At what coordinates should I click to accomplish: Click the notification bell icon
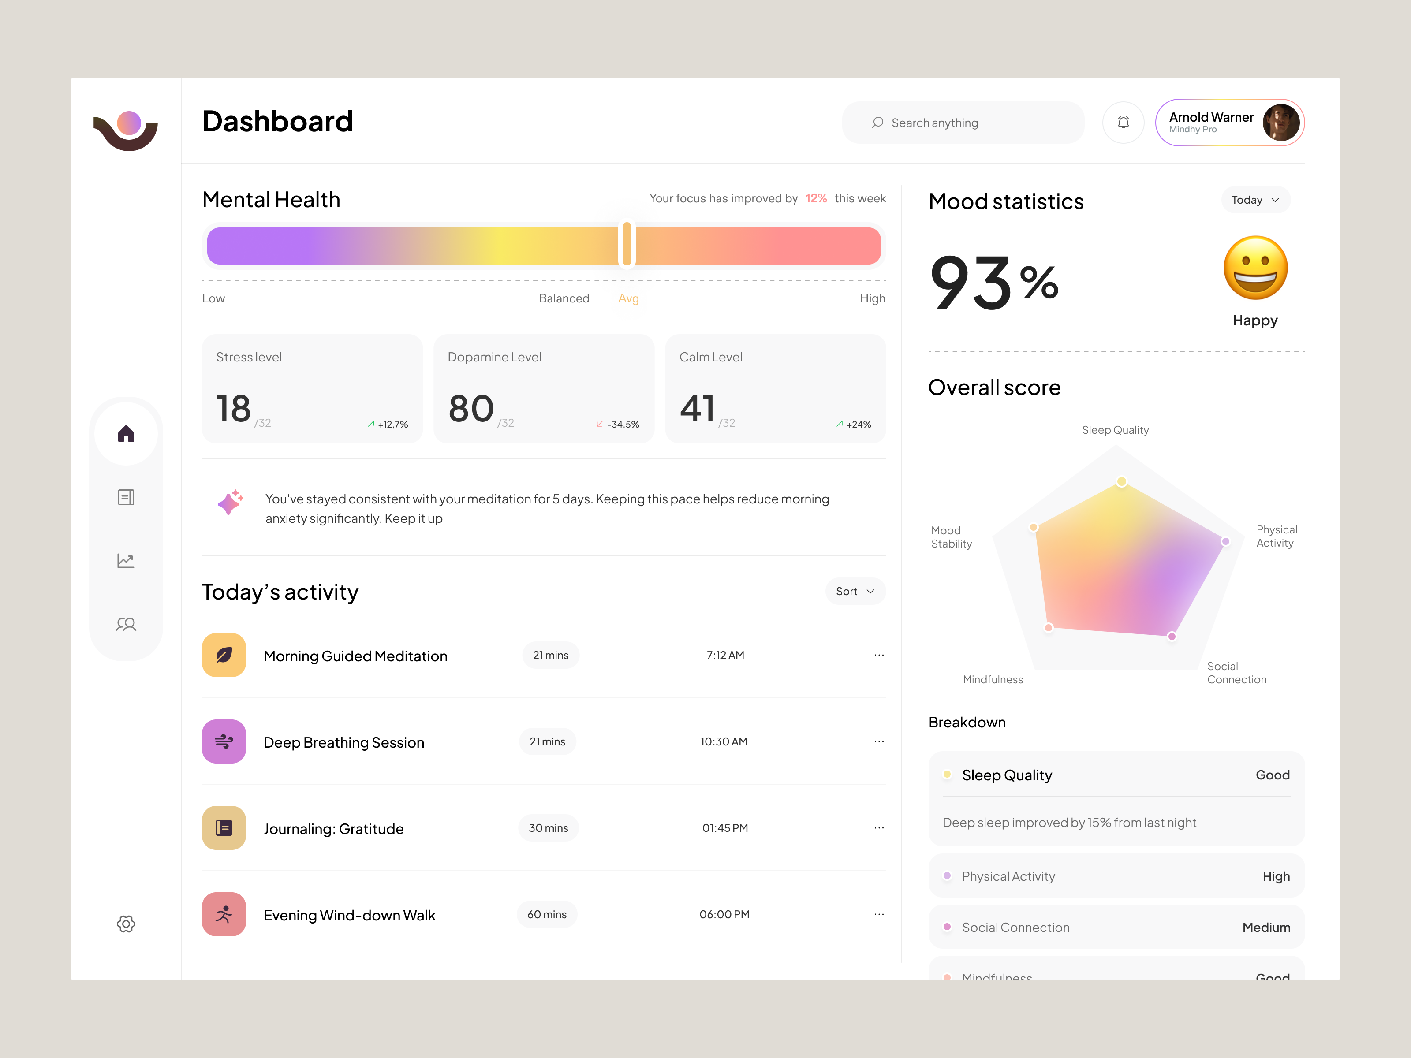tap(1124, 123)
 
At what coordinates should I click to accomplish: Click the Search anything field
tap(963, 123)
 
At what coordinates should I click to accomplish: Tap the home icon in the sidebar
tap(126, 434)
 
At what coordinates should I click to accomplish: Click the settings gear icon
tap(126, 924)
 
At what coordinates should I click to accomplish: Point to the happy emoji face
tap(1255, 268)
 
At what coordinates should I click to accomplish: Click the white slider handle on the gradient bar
tap(627, 244)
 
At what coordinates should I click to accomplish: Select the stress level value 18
tap(233, 409)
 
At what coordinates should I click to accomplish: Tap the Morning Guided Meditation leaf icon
tap(224, 655)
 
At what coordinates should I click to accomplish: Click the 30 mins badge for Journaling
tap(548, 828)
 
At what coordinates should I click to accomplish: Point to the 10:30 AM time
tap(724, 741)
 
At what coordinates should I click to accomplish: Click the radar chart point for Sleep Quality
tap(1121, 481)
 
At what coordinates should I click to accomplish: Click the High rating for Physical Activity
tap(1276, 876)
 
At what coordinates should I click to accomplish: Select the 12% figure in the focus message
tap(816, 198)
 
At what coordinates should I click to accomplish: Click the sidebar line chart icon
tap(126, 561)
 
